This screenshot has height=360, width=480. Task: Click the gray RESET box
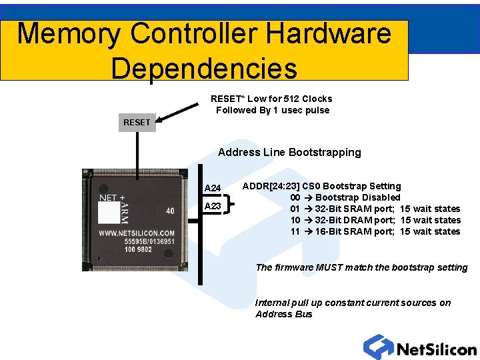[137, 122]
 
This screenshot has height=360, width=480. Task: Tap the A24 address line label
[213, 188]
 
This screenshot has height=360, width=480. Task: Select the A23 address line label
[213, 206]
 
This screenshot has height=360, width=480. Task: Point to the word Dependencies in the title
[204, 68]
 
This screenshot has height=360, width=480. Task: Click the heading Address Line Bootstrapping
[289, 152]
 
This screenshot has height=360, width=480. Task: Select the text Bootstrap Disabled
[358, 197]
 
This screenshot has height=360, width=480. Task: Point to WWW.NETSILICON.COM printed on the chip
[137, 233]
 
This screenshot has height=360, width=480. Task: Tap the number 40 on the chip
[171, 211]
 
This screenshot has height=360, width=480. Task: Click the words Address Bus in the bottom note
[283, 314]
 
